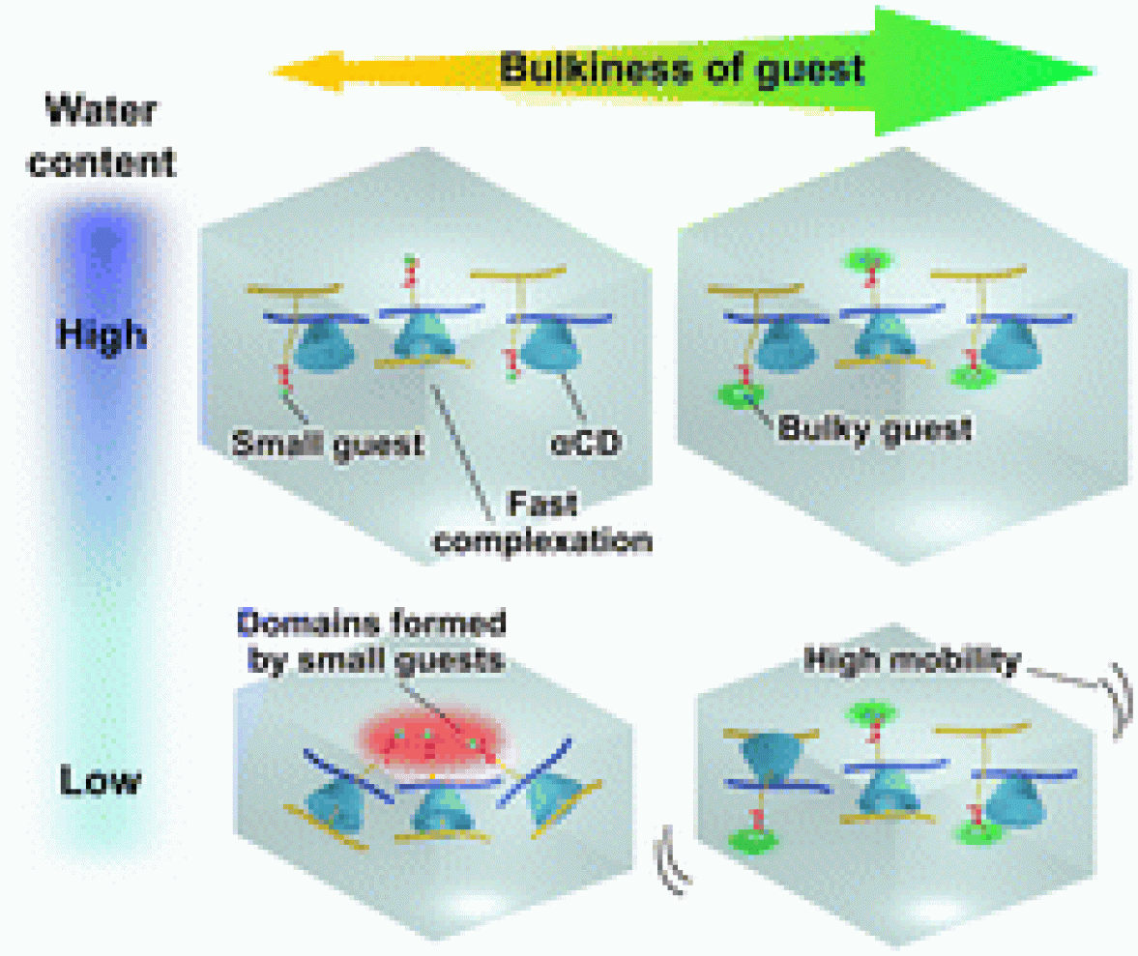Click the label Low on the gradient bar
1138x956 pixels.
click(100, 779)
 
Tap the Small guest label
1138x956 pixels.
click(328, 445)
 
